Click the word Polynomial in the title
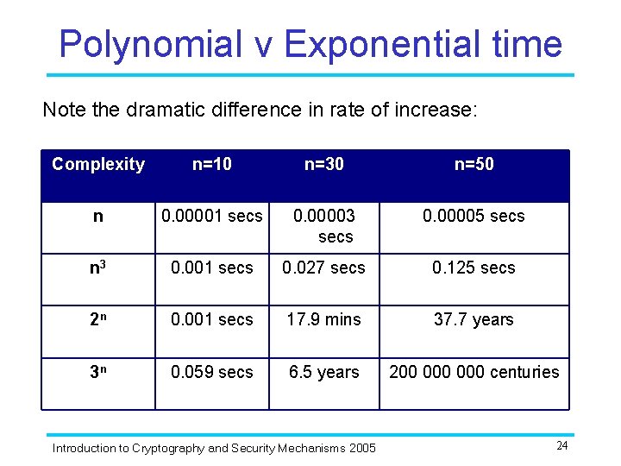[150, 43]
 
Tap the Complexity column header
[98, 165]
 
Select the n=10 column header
[211, 165]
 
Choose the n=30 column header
[323, 165]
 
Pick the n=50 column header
[474, 165]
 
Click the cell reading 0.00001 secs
[211, 217]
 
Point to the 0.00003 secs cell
[323, 226]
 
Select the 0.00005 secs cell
[474, 217]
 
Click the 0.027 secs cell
[323, 268]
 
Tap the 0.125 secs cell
[474, 268]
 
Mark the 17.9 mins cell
[323, 320]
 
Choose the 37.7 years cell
[474, 320]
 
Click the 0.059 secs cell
[211, 373]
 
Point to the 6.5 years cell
[323, 373]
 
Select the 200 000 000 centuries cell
[474, 373]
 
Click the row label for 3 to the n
[97, 373]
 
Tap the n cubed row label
[97, 268]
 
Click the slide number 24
[562, 446]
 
